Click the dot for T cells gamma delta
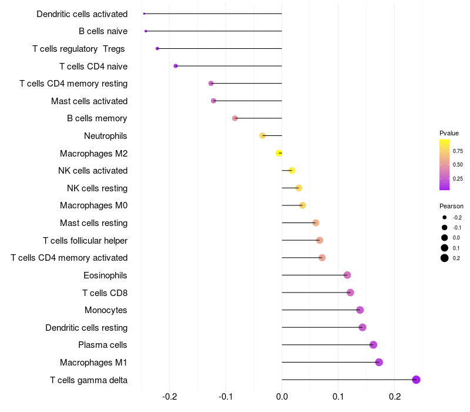pos(416,380)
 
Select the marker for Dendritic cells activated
pos(144,14)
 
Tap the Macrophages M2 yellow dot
pos(279,153)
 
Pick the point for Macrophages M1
pos(379,362)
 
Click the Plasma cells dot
pos(373,345)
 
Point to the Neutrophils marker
pos(263,136)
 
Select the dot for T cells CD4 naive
pos(176,66)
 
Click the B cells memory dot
pos(235,118)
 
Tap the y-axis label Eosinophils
pos(106,275)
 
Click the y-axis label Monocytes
pos(106,310)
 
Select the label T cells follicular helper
pos(85,241)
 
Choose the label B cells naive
pos(103,31)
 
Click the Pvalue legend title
pos(449,133)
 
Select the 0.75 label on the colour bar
pos(458,151)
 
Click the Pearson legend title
pos(451,207)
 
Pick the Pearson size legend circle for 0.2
pos(445,258)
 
